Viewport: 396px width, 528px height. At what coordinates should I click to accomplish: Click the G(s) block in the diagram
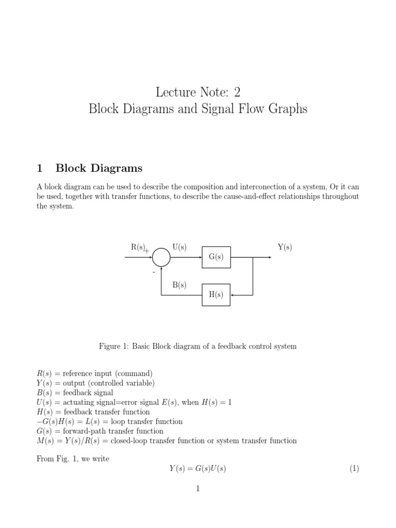pos(216,257)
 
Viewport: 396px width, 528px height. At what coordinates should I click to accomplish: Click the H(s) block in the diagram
pos(216,295)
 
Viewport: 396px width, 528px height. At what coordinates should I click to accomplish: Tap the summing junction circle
pos(161,257)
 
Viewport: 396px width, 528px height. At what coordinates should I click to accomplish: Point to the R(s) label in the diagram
pos(138,247)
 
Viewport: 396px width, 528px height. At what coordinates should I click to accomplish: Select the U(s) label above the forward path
pos(179,247)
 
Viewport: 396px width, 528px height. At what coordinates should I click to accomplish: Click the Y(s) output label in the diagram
pos(285,247)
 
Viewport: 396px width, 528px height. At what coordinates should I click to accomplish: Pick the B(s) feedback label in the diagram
pos(179,285)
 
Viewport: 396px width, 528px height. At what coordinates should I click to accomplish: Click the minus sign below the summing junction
pos(153,271)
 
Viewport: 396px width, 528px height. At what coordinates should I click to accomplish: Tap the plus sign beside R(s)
pos(147,251)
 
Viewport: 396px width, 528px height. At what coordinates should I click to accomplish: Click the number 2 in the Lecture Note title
pos(237,92)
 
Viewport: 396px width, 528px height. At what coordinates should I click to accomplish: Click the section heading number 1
pos(39,168)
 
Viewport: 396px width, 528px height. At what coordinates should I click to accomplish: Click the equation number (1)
pos(354,469)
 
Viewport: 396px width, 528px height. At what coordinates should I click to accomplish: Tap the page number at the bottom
pos(197,489)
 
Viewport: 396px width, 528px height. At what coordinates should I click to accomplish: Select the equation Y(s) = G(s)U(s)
pos(198,469)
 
